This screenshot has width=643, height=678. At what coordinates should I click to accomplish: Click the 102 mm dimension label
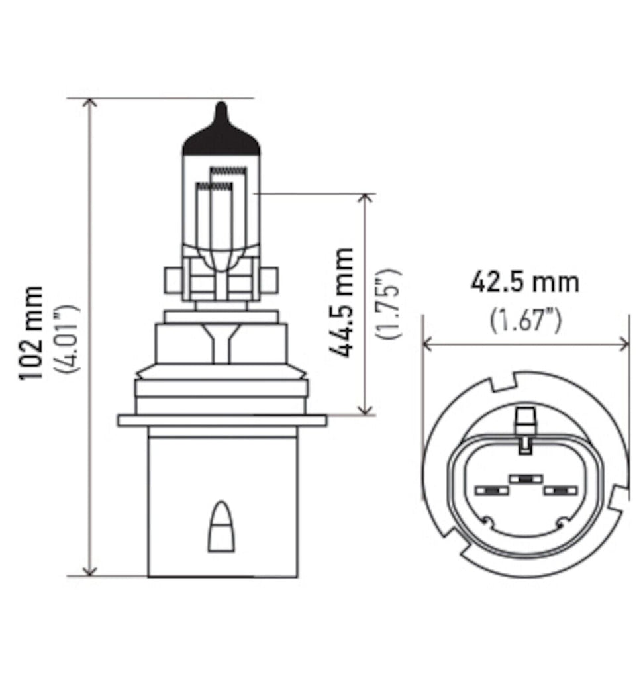pyautogui.click(x=31, y=332)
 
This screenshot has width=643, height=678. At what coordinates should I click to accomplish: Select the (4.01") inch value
pyautogui.click(x=69, y=338)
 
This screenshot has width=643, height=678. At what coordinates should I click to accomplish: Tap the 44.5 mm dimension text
pyautogui.click(x=344, y=303)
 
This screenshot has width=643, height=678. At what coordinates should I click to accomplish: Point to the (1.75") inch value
pyautogui.click(x=389, y=304)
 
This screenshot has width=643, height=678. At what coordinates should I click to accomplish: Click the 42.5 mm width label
pyautogui.click(x=525, y=282)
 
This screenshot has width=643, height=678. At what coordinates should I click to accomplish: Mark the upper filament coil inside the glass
pyautogui.click(x=228, y=171)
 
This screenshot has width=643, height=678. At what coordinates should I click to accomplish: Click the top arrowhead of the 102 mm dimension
pyautogui.click(x=91, y=103)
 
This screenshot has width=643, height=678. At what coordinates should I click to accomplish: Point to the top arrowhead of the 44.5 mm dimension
pyautogui.click(x=366, y=199)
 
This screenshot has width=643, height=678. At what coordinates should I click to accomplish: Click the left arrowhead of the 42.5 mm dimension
pyautogui.click(x=428, y=343)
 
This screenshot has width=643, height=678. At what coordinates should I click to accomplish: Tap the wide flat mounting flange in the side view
pyautogui.click(x=222, y=420)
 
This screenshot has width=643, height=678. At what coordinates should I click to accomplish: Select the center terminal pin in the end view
pyautogui.click(x=525, y=478)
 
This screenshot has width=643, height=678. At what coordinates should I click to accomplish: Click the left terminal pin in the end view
pyautogui.click(x=491, y=491)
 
